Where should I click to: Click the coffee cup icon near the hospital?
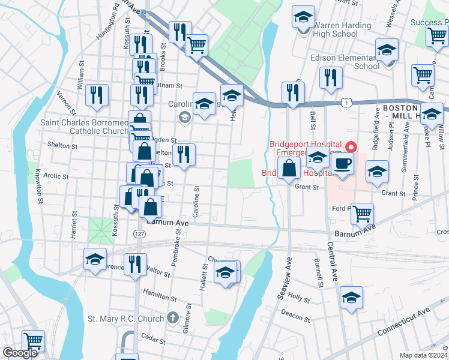tap(343, 164)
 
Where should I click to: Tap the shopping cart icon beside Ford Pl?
tap(362, 213)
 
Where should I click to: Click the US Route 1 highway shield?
tap(346, 103)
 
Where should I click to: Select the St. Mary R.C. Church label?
tap(125, 318)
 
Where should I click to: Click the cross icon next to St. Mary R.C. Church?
tap(173, 317)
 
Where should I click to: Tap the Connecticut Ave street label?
tap(404, 322)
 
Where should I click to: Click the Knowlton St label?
tap(38, 179)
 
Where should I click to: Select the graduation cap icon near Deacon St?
tap(351, 298)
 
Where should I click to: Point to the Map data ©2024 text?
tap(423, 355)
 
